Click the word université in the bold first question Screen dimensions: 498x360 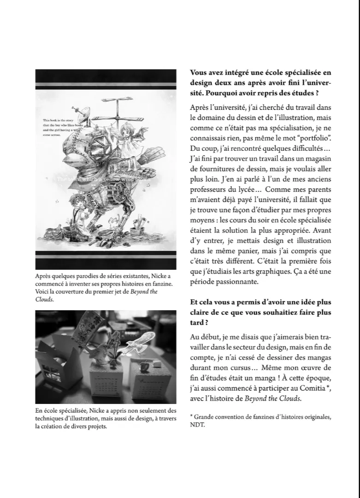click(x=313, y=83)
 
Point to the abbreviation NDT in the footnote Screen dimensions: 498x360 click(x=196, y=425)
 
